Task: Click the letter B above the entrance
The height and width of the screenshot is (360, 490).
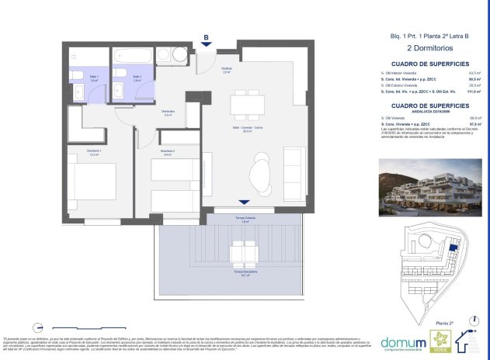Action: (x=206, y=36)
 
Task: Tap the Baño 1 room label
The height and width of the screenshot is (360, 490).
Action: (x=94, y=78)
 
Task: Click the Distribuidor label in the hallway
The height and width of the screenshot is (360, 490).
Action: (x=167, y=113)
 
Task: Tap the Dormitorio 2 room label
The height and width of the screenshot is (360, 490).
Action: (x=167, y=152)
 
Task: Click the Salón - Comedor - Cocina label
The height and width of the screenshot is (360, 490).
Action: (x=248, y=130)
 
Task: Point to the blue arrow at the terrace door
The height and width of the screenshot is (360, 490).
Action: (x=245, y=202)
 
